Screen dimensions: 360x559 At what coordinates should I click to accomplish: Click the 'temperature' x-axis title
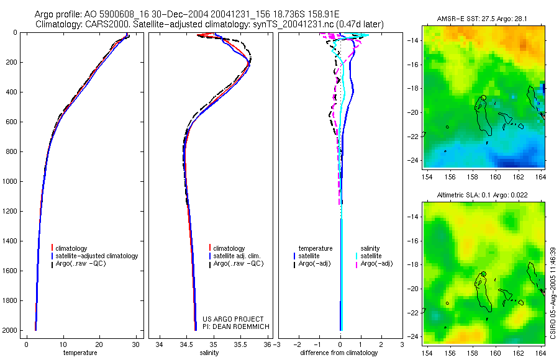click(x=80, y=353)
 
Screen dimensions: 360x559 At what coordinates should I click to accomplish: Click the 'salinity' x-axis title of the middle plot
click(x=209, y=353)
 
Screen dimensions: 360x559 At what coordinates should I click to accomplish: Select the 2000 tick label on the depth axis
click(x=9, y=330)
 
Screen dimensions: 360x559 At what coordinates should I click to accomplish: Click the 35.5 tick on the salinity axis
click(x=242, y=344)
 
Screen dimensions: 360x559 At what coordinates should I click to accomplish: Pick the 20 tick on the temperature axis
click(x=99, y=344)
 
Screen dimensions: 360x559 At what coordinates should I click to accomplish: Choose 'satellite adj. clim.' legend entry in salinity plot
click(x=238, y=256)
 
